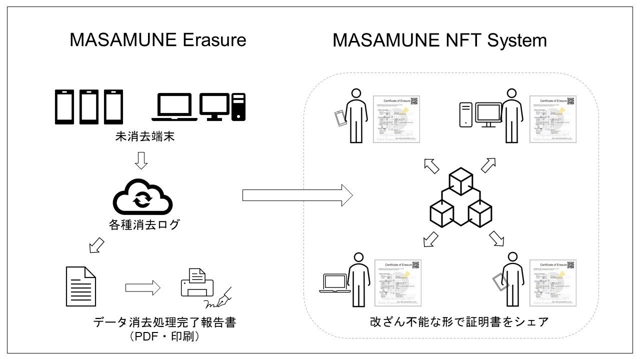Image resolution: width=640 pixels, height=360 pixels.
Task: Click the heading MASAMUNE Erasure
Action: [158, 39]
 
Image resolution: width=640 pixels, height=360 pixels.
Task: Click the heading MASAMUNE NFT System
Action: [439, 40]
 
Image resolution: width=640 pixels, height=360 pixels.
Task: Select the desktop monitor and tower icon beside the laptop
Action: [222, 106]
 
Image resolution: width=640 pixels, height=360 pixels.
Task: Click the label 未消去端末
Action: [143, 136]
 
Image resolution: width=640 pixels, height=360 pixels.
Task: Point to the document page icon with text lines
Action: [81, 286]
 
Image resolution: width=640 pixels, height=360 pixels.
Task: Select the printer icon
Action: [196, 283]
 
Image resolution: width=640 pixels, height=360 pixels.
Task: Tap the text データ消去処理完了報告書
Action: [164, 322]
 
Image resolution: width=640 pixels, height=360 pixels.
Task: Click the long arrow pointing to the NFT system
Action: [297, 195]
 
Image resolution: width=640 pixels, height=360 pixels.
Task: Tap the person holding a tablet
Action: [511, 278]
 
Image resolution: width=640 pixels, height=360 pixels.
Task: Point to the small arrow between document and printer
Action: [142, 287]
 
